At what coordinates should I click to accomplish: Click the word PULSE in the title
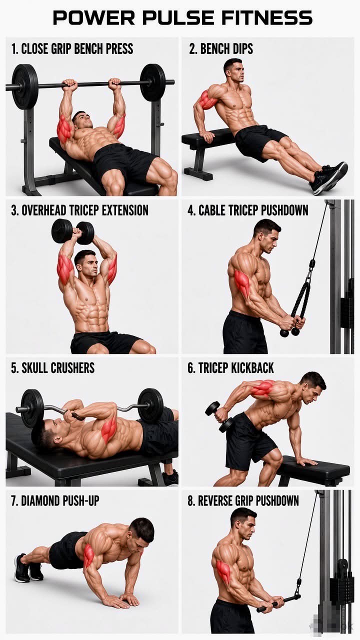click(x=178, y=17)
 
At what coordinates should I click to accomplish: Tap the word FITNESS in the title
click(x=267, y=17)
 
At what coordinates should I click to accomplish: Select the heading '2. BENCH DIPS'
click(x=221, y=49)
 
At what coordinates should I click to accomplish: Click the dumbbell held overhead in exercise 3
click(x=73, y=231)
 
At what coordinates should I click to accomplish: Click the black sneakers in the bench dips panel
click(x=328, y=177)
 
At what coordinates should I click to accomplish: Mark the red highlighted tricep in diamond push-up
click(x=89, y=556)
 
